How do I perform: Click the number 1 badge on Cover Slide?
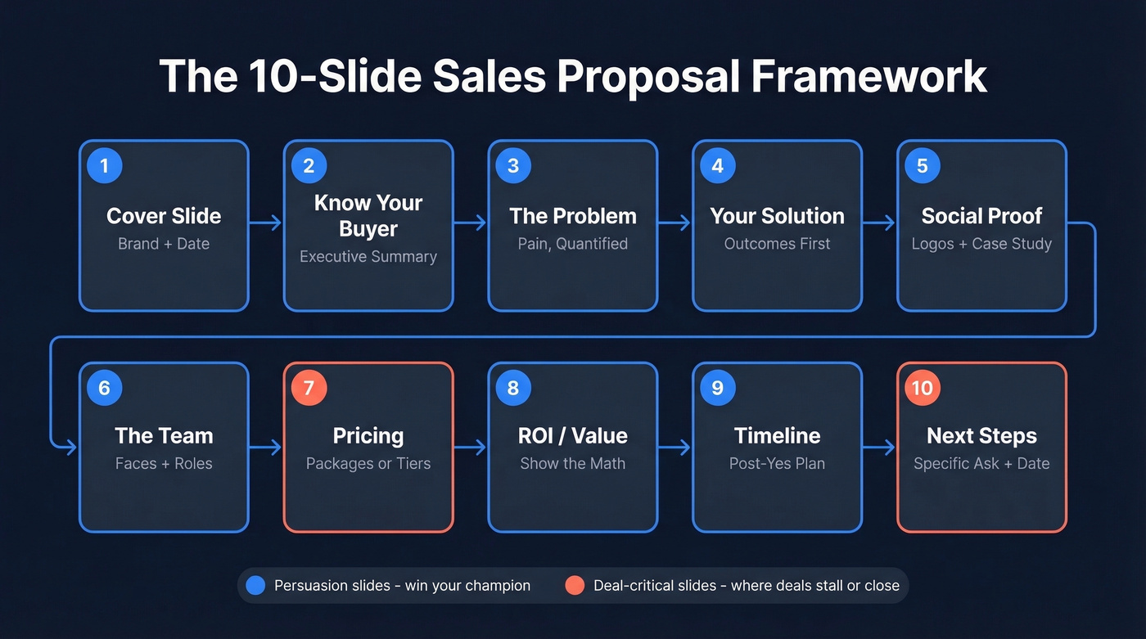(x=104, y=166)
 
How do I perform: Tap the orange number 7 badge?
(x=309, y=388)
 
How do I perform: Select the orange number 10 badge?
(x=923, y=388)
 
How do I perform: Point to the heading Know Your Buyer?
(x=368, y=216)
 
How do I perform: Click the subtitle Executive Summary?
(x=368, y=257)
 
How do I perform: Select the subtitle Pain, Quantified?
(x=573, y=244)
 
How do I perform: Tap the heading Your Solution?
(x=777, y=216)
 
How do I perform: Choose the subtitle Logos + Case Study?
(x=981, y=244)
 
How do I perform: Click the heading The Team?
(x=164, y=436)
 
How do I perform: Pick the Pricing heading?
(x=368, y=436)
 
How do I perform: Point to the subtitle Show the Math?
(x=573, y=464)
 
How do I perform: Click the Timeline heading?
(x=777, y=436)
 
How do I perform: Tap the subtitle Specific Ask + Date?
(x=981, y=464)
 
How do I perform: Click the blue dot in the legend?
(x=255, y=586)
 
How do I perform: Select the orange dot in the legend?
(x=575, y=586)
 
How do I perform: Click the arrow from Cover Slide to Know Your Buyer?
(x=266, y=223)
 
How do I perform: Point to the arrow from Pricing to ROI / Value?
(x=471, y=447)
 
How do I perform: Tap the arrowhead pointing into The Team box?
(x=71, y=447)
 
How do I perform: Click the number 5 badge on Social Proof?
(x=923, y=166)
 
